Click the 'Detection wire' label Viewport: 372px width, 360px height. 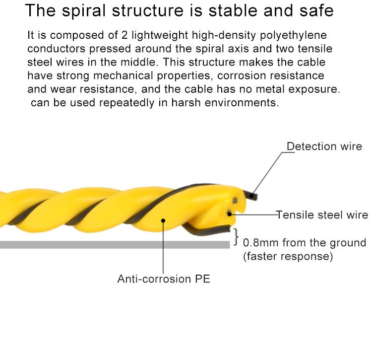click(324, 146)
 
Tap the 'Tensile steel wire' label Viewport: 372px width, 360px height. click(322, 215)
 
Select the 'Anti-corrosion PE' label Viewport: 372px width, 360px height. click(164, 279)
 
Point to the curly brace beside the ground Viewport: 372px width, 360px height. click(236, 237)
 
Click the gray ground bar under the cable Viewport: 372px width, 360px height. click(115, 245)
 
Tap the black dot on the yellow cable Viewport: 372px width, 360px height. click(163, 220)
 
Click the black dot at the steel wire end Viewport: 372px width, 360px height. click(230, 214)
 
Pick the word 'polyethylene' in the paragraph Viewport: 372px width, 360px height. click(293, 35)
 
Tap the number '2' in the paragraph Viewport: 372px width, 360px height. click(124, 35)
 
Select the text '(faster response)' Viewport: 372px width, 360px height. click(288, 256)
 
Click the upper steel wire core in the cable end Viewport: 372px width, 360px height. click(235, 200)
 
